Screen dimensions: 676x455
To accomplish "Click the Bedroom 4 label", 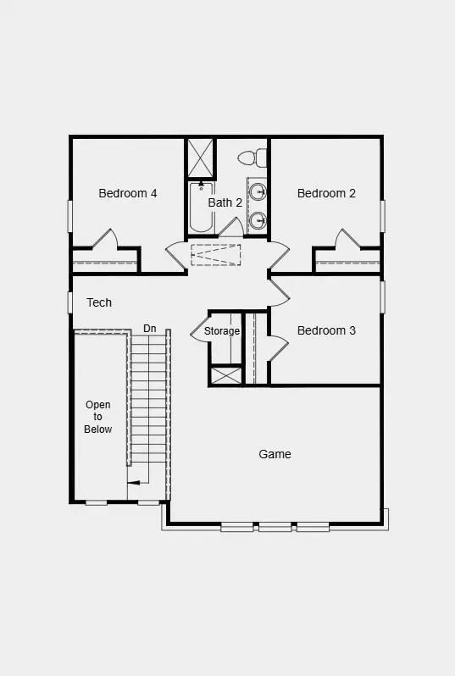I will pyautogui.click(x=127, y=193).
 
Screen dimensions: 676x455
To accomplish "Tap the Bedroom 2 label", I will pyautogui.click(x=326, y=193).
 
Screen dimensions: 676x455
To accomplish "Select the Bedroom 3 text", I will pyautogui.click(x=326, y=330).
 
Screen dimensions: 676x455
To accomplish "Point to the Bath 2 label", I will pyautogui.click(x=225, y=202).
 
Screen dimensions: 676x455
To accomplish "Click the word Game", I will pyautogui.click(x=275, y=454).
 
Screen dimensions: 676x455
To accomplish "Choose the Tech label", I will pyautogui.click(x=99, y=302).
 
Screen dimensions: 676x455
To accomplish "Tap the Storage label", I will pyautogui.click(x=222, y=331).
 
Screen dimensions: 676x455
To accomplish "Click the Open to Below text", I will pyautogui.click(x=98, y=417).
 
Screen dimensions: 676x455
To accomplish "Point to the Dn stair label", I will pyautogui.click(x=150, y=328).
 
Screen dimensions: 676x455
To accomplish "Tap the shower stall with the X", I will pyautogui.click(x=201, y=157).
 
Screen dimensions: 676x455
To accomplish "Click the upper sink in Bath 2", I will pyautogui.click(x=259, y=190).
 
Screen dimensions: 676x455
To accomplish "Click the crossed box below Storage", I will pyautogui.click(x=226, y=375).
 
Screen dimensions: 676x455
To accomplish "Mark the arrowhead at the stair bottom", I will pyautogui.click(x=130, y=484).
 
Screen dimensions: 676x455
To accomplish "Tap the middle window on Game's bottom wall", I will pyautogui.click(x=275, y=527).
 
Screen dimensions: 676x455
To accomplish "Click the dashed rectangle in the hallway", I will pyautogui.click(x=215, y=254).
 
